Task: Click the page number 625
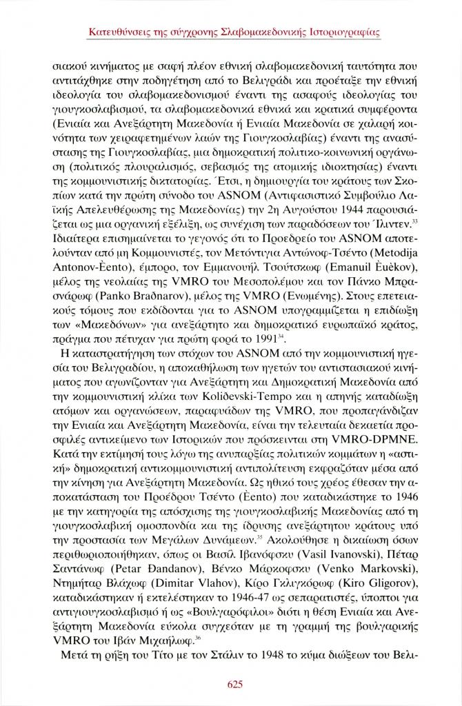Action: tap(231, 684)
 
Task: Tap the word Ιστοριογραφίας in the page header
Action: tap(339, 32)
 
